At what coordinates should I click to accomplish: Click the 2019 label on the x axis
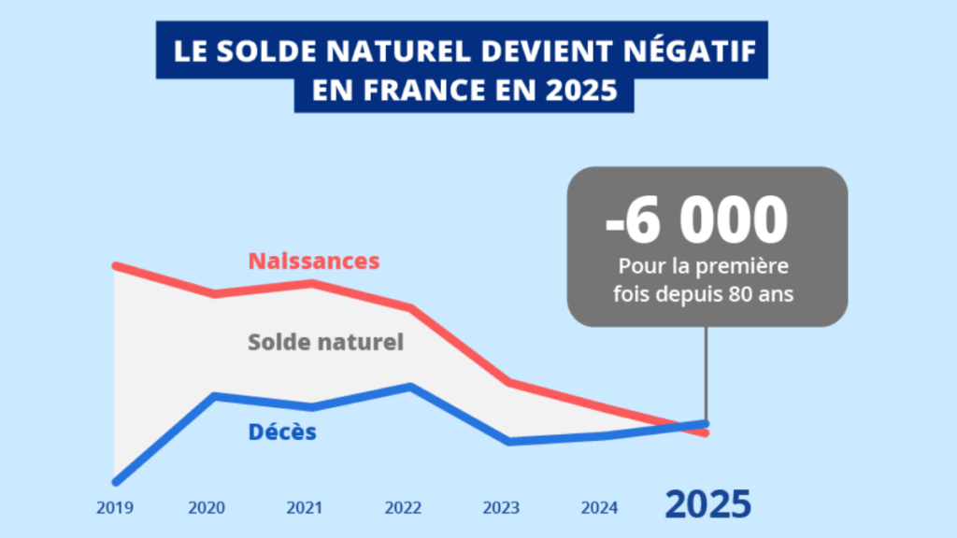[x=114, y=508]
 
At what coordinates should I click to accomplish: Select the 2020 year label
[x=207, y=508]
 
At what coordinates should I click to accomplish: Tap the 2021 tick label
[x=305, y=508]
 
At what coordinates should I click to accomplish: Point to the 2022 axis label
[x=403, y=508]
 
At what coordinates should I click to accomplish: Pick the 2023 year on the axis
[x=501, y=508]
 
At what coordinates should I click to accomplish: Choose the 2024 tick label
[x=599, y=508]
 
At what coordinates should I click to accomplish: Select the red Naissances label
[x=314, y=261]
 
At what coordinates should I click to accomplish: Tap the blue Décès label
[x=282, y=432]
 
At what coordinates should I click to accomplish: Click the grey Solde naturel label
[x=325, y=342]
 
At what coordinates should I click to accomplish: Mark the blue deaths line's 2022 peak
[x=408, y=386]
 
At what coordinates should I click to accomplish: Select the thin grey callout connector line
[x=705, y=374]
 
